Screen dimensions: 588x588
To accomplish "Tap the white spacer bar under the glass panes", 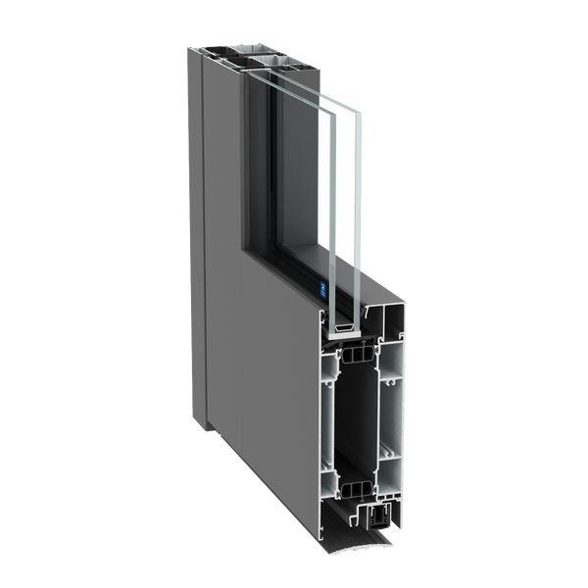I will click(x=346, y=324).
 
